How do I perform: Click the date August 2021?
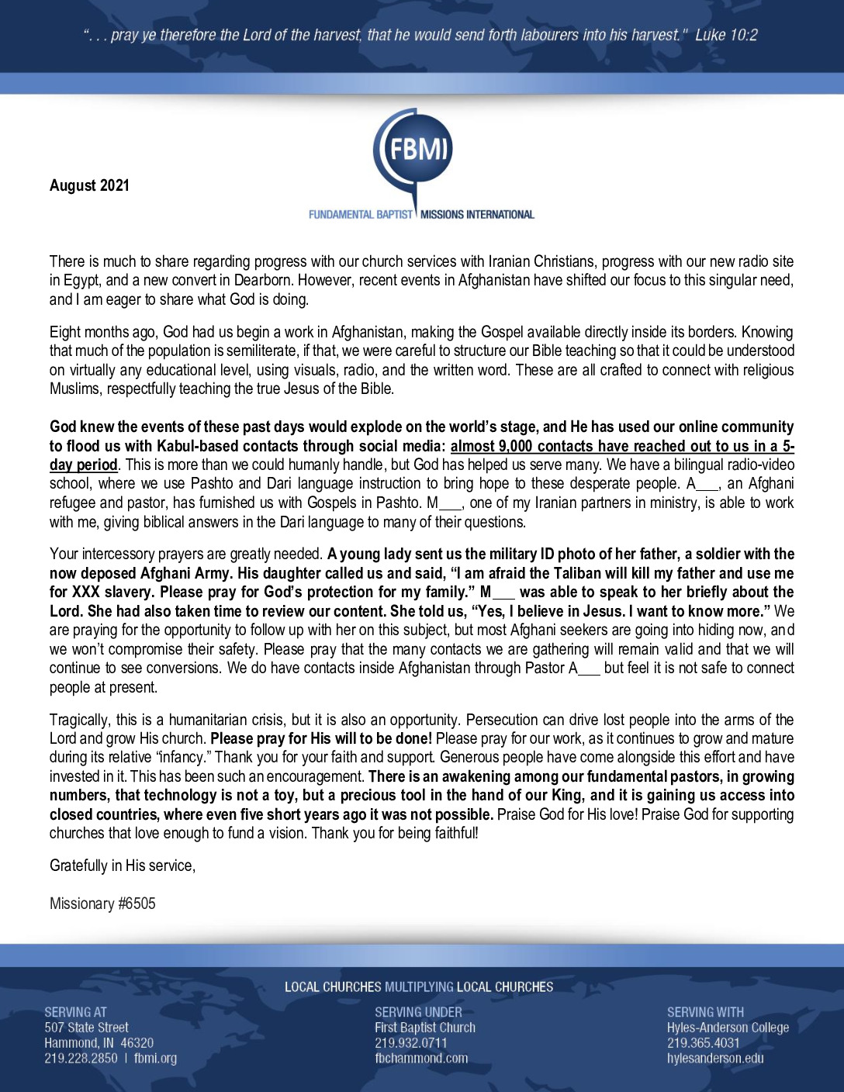tap(89, 185)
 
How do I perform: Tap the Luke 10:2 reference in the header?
tap(726, 35)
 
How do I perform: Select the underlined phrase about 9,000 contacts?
tap(621, 447)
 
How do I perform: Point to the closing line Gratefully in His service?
tap(123, 866)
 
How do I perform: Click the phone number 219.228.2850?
tap(81, 1058)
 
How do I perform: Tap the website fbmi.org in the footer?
tap(155, 1058)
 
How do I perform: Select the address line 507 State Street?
tap(86, 1028)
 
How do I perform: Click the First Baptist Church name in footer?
tap(424, 1028)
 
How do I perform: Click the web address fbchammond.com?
tap(421, 1058)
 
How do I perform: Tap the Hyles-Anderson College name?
tap(728, 1028)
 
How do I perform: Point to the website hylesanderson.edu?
tap(715, 1058)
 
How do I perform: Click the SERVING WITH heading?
tap(705, 1012)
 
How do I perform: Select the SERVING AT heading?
tap(75, 1012)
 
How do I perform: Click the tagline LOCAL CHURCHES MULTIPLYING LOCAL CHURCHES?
tap(419, 987)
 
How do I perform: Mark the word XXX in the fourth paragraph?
tap(86, 592)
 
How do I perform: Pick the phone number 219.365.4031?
tap(703, 1043)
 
